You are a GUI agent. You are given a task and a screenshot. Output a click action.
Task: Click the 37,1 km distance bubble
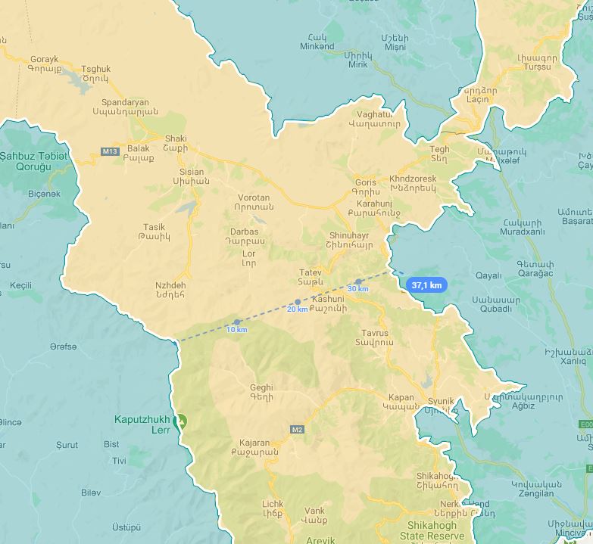click(427, 285)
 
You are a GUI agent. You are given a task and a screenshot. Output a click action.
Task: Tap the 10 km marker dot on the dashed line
click(237, 322)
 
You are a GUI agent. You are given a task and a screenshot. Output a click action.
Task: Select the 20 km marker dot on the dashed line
click(298, 302)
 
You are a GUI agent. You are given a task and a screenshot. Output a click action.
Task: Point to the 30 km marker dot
click(358, 281)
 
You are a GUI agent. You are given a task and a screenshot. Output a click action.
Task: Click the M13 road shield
click(110, 151)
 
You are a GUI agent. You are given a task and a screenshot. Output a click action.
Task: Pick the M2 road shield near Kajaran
click(297, 430)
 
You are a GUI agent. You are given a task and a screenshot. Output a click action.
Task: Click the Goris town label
click(365, 182)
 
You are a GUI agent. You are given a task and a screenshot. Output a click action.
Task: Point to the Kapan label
click(401, 397)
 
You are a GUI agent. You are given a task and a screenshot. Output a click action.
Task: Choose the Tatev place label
click(311, 272)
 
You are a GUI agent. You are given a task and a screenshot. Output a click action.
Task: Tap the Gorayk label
click(44, 59)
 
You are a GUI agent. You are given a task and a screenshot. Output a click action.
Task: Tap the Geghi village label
click(261, 388)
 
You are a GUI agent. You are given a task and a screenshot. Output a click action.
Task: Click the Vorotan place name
click(252, 197)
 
